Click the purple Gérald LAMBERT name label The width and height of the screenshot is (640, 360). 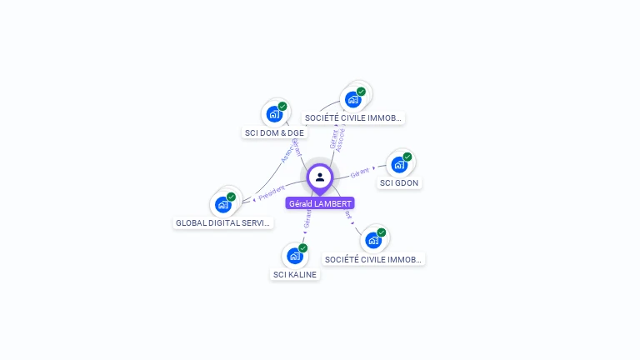point(320,203)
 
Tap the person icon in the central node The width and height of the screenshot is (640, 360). point(320,177)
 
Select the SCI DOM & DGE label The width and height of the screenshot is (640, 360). point(274,132)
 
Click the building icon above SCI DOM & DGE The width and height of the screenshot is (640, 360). point(273,114)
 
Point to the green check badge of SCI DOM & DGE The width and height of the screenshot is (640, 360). point(282,107)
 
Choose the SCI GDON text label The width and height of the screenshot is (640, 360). point(399,182)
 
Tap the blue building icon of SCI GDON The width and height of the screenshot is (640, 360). point(398,164)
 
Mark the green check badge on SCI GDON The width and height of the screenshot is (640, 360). point(407,157)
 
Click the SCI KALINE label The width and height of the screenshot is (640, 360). point(295,274)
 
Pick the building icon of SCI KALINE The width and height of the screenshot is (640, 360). point(293,256)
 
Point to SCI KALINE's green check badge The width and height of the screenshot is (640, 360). point(302,248)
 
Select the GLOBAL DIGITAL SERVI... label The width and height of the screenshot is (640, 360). point(223,222)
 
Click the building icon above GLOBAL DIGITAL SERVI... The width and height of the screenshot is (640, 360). point(222,204)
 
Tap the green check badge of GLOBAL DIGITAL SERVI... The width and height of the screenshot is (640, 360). point(232,197)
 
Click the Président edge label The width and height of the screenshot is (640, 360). point(272,193)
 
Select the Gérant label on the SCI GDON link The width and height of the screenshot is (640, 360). point(360,172)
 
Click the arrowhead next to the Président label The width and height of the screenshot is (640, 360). point(254,199)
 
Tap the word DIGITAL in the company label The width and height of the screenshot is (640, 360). point(224,222)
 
